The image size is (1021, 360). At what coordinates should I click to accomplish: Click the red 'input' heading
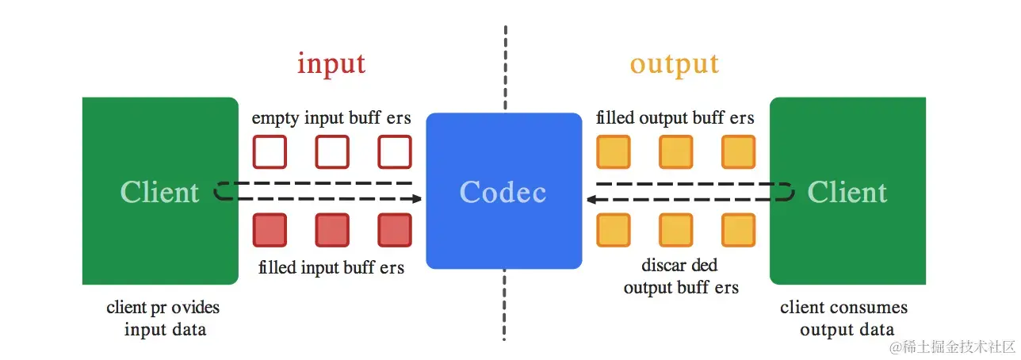(x=331, y=63)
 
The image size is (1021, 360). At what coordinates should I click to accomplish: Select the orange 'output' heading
(x=675, y=63)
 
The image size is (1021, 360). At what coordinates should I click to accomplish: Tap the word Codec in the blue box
(x=503, y=192)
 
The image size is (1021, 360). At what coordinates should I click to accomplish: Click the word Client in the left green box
(x=159, y=192)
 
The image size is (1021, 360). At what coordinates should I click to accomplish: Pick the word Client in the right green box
(x=847, y=192)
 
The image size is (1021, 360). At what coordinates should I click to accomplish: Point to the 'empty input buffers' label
(x=331, y=118)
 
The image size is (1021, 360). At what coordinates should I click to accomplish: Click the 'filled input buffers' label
(x=331, y=267)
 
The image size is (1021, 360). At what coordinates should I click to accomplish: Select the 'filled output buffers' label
(x=675, y=118)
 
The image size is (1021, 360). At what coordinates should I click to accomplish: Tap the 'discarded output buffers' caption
(x=681, y=276)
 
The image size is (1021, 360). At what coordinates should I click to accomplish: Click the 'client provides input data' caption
(x=163, y=318)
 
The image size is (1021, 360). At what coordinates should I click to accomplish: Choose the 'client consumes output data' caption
(x=845, y=318)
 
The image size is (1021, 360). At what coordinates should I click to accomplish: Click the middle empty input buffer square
(x=332, y=151)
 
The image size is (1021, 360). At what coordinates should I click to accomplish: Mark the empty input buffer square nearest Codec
(x=395, y=151)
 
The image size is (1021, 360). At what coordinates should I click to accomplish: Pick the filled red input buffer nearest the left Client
(x=270, y=230)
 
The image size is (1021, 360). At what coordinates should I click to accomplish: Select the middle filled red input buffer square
(x=332, y=230)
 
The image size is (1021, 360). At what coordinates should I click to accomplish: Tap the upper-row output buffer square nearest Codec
(x=613, y=151)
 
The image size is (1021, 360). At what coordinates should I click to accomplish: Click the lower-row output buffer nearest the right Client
(x=738, y=230)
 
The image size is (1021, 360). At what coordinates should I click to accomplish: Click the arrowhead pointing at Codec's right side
(x=591, y=199)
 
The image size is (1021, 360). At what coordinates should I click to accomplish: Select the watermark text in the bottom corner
(x=952, y=347)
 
